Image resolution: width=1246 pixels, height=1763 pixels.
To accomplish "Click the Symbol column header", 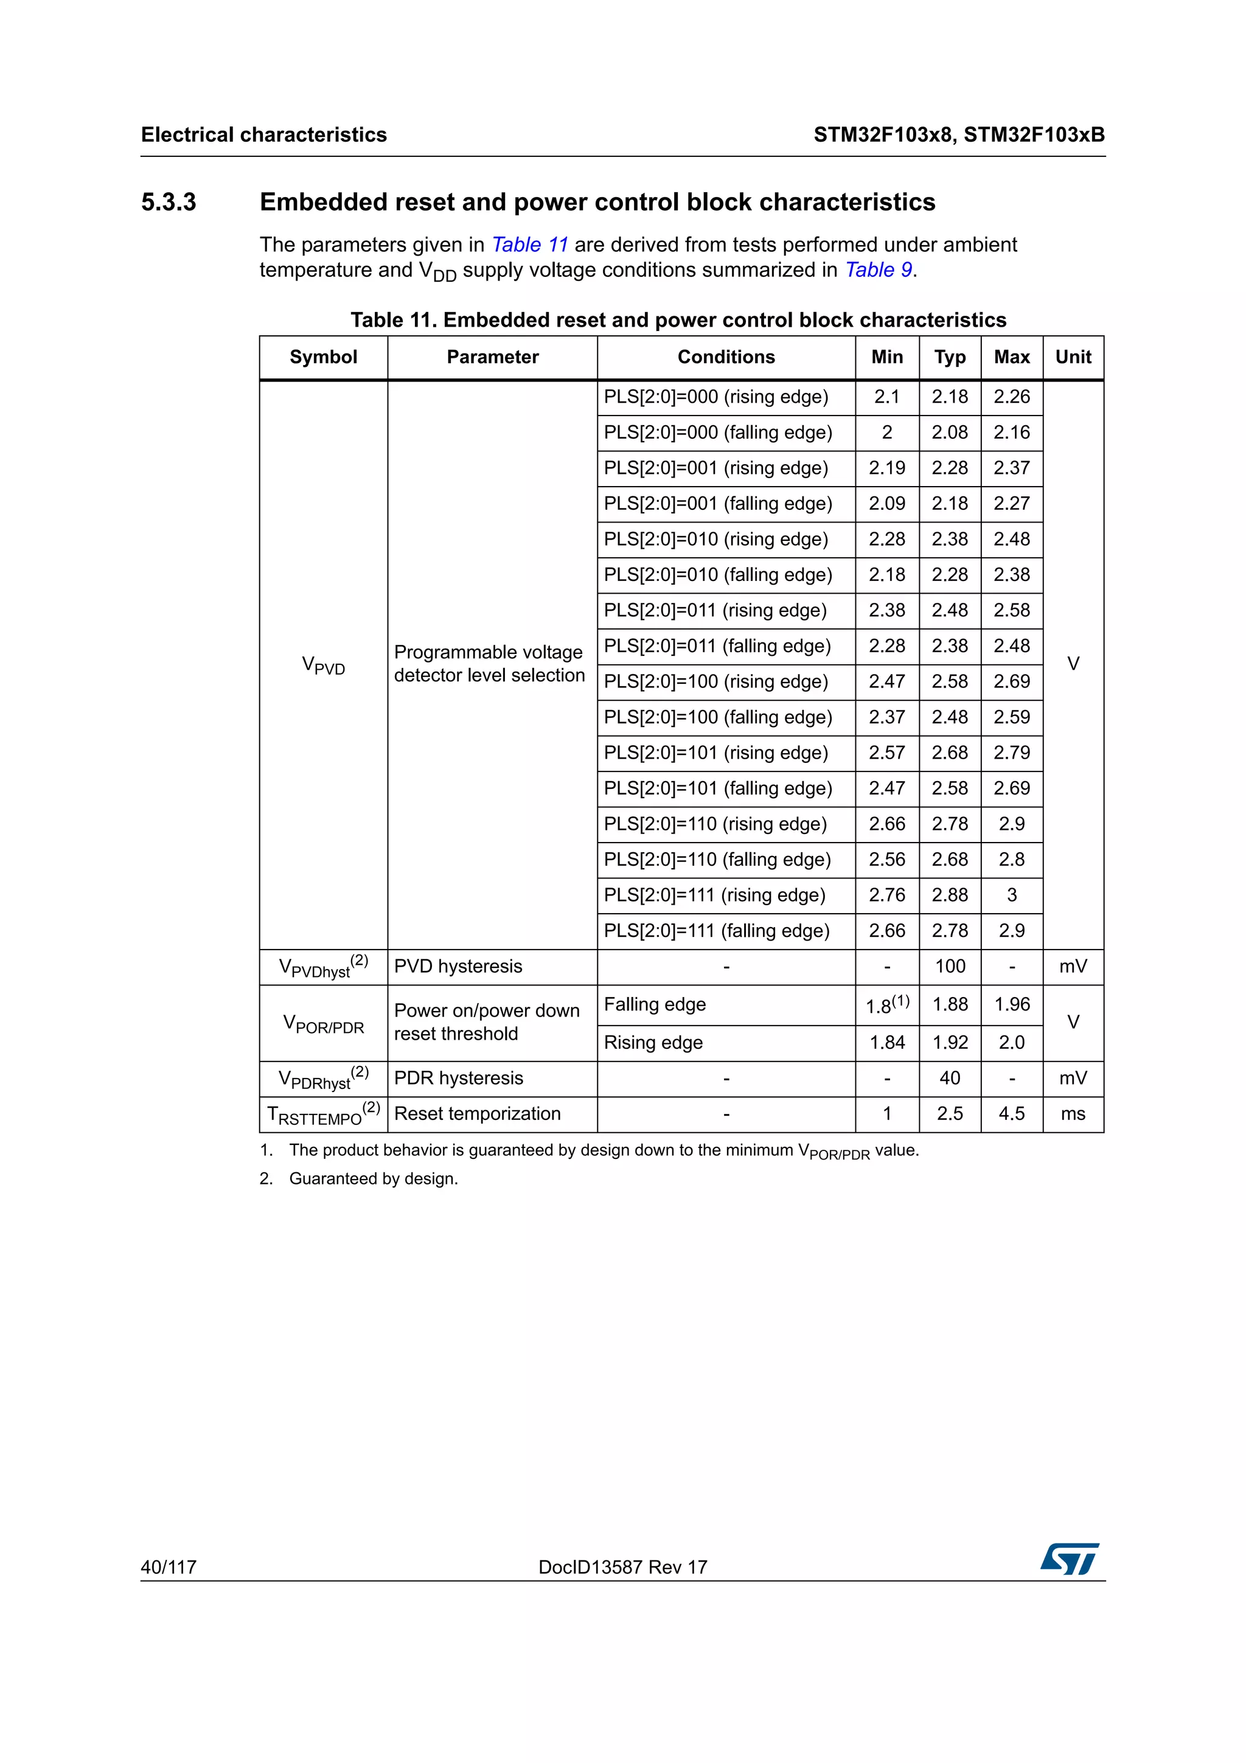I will pyautogui.click(x=323, y=357).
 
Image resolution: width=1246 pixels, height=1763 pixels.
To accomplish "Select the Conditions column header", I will pyautogui.click(x=725, y=357).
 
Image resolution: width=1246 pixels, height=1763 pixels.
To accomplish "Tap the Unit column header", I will pyautogui.click(x=1073, y=357).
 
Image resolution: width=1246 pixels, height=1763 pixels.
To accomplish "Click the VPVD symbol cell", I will pyautogui.click(x=323, y=665).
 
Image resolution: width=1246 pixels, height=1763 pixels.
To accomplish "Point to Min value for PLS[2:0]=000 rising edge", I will pyautogui.click(x=886, y=397).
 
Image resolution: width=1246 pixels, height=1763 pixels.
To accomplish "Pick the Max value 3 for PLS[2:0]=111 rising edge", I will pyautogui.click(x=1011, y=895).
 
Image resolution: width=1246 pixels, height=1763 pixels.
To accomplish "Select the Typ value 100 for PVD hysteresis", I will pyautogui.click(x=950, y=967).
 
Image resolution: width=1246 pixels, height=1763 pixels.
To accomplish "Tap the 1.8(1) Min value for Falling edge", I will pyautogui.click(x=886, y=1005).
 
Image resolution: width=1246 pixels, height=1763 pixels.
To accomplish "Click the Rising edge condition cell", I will pyautogui.click(x=653, y=1043).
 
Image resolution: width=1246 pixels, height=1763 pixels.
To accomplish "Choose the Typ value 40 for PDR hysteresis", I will pyautogui.click(x=950, y=1078).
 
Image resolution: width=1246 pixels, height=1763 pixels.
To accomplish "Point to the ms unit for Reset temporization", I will pyautogui.click(x=1073, y=1114).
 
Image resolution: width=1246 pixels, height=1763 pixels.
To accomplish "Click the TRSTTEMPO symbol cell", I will pyautogui.click(x=323, y=1114).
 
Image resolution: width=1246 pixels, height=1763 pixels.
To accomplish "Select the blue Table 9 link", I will pyautogui.click(x=879, y=270).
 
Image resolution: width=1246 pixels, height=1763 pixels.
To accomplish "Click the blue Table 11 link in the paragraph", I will pyautogui.click(x=529, y=245).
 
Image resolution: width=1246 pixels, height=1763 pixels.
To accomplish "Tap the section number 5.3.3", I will pyautogui.click(x=169, y=202).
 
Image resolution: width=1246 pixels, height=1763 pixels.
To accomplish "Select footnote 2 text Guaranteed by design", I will pyautogui.click(x=373, y=1178).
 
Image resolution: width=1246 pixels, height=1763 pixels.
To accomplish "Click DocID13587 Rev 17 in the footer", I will pyautogui.click(x=622, y=1567).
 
